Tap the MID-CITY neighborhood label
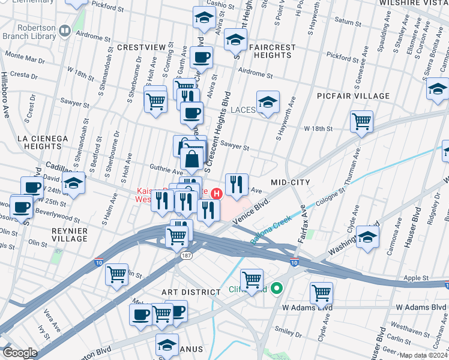(290, 182)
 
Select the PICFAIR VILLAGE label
(354, 96)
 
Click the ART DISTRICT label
(191, 292)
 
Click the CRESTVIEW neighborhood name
(141, 47)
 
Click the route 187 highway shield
(187, 256)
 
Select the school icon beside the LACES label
(268, 102)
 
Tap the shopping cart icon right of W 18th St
(361, 121)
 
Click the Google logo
(20, 353)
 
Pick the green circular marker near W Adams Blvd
(276, 289)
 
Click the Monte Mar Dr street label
(25, 59)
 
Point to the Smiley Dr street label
(288, 330)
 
